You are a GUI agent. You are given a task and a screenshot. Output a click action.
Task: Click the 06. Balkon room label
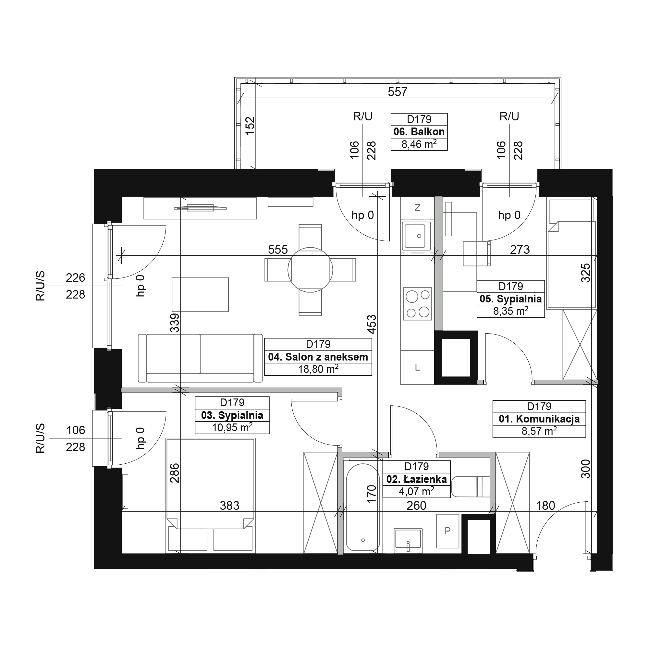419,132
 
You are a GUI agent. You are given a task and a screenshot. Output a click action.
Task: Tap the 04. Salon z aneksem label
318,357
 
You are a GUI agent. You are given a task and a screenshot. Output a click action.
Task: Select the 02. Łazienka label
417,479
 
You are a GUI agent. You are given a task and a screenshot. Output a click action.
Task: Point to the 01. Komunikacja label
539,419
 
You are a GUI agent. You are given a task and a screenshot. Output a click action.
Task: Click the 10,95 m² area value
232,427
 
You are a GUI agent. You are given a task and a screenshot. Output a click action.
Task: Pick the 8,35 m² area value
510,311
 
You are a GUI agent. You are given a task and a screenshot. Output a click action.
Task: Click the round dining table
311,269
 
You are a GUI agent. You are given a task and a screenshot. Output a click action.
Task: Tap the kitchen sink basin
417,236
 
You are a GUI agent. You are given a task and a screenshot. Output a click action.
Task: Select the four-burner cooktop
417,304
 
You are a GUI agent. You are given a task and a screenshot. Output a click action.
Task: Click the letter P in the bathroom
447,531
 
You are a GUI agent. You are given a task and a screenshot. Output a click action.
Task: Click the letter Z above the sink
418,208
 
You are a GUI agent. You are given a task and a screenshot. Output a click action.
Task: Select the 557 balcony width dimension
398,92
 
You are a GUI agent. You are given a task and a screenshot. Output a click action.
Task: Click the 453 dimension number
372,324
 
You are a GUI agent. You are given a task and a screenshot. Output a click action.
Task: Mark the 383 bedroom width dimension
229,505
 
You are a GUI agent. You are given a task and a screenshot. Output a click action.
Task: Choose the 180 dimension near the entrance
545,505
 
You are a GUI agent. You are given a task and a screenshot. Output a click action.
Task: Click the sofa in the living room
200,358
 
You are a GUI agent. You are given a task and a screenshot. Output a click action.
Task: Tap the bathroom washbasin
408,540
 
